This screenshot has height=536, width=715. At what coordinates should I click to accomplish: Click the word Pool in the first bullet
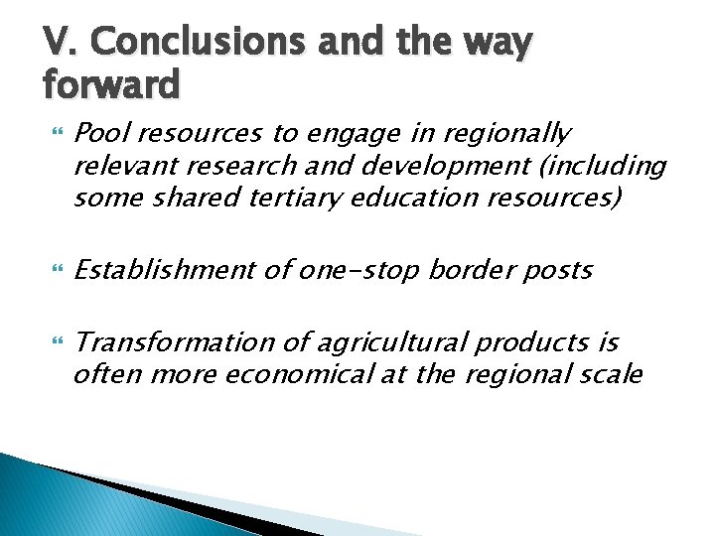coord(100,133)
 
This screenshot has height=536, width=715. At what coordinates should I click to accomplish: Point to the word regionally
coord(505,133)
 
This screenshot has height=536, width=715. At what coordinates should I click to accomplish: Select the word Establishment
coord(164,270)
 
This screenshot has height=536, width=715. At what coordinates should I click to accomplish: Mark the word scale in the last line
coord(617,375)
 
